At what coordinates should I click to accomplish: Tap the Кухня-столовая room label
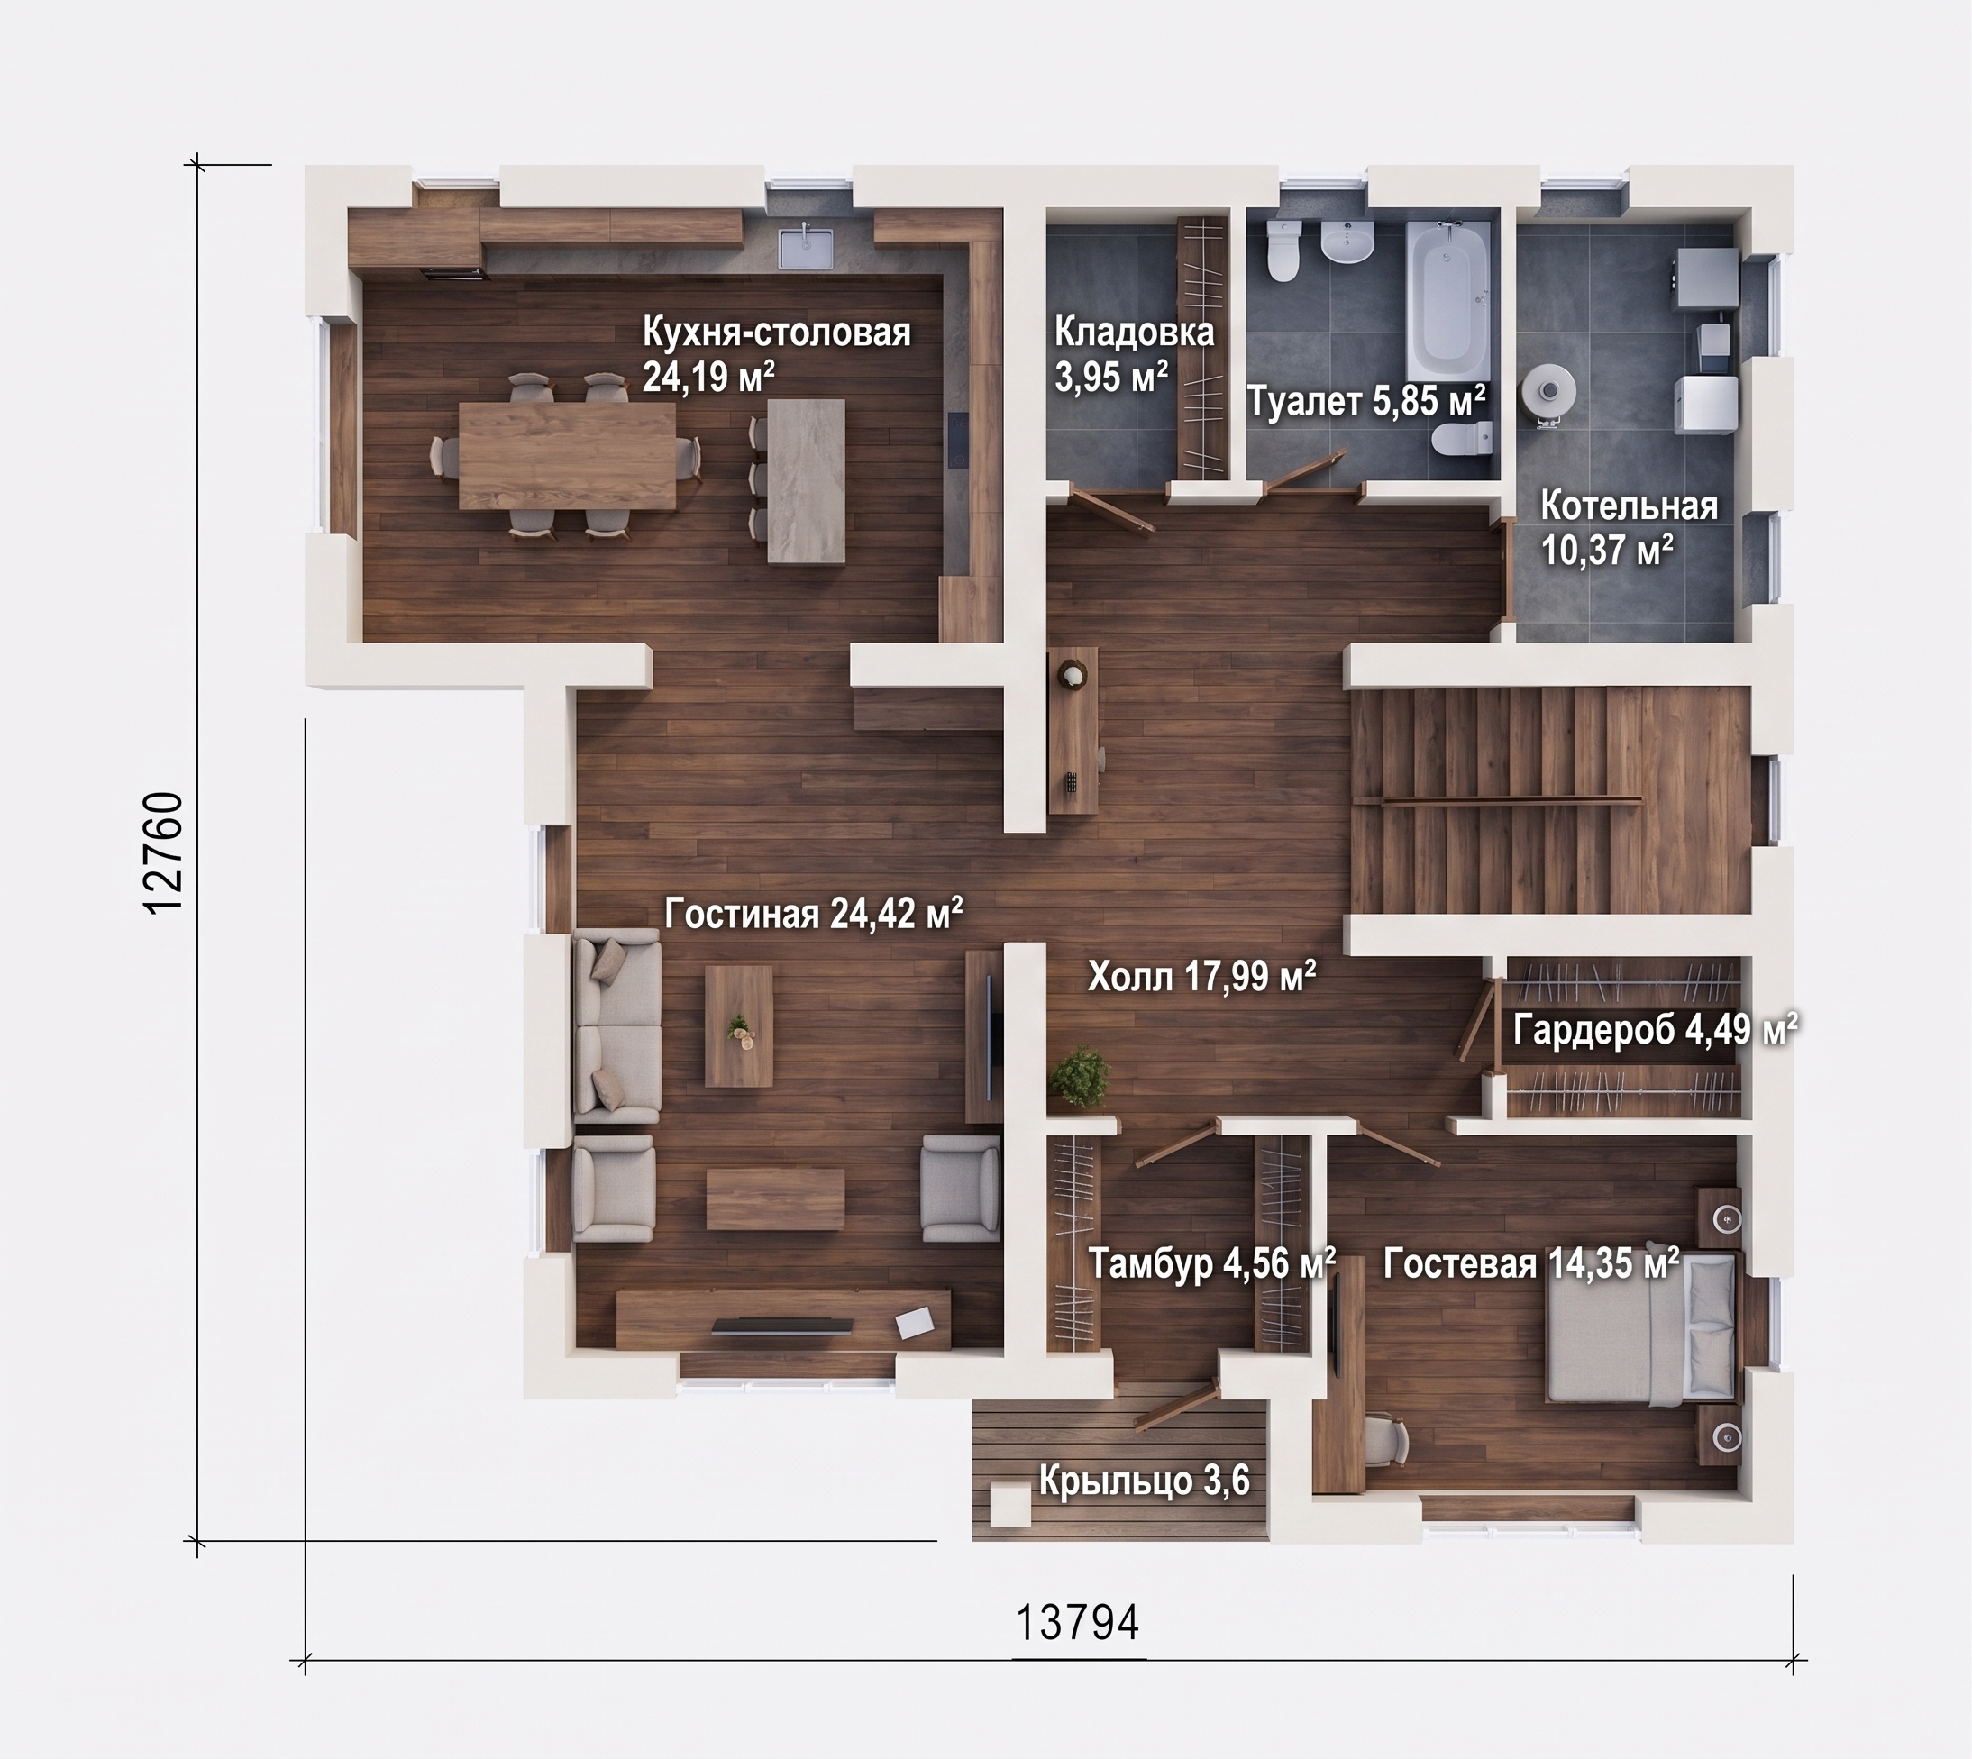point(777,333)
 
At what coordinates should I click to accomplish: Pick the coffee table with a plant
point(738,1026)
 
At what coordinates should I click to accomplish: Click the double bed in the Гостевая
point(1640,1328)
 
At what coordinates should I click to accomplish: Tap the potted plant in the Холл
point(1080,1077)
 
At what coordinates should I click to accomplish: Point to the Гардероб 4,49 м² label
point(1655,1030)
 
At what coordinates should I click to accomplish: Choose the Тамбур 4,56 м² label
point(1212,1263)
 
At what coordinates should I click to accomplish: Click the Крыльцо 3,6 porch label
point(1145,1481)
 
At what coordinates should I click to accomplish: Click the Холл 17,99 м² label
point(1201,976)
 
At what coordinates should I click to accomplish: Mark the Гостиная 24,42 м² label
point(813,912)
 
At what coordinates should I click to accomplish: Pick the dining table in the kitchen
point(567,455)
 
